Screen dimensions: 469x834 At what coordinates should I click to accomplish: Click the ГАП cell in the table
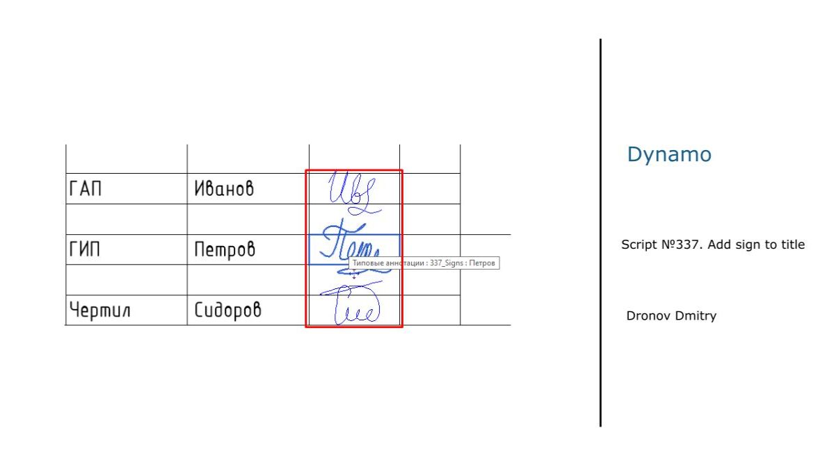tap(86, 188)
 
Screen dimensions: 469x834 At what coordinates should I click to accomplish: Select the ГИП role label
tap(85, 249)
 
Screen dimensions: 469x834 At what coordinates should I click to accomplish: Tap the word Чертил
tap(100, 311)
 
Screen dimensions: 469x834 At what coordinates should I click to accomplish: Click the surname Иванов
tap(223, 188)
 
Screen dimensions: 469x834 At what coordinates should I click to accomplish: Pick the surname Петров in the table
tap(224, 249)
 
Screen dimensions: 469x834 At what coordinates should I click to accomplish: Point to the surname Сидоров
tap(227, 311)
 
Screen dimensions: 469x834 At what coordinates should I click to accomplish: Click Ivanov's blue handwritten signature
tap(353, 190)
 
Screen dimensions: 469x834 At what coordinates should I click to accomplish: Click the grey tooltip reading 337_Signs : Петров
tap(424, 264)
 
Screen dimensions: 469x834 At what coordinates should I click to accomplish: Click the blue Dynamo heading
tap(669, 154)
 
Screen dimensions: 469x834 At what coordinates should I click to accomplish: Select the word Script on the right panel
tap(637, 245)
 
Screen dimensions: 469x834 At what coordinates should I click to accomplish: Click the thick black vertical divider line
tap(600, 233)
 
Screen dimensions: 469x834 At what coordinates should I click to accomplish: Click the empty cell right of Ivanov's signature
tap(431, 188)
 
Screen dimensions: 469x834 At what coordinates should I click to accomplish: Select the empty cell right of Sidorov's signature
tap(431, 311)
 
